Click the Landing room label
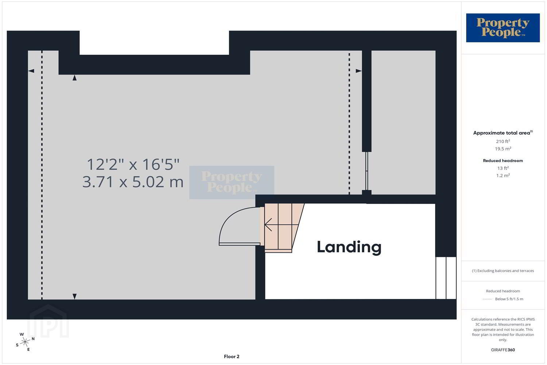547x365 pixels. pos(349,247)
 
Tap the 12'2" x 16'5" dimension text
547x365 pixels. pos(133,164)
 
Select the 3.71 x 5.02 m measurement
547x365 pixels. pos(133,182)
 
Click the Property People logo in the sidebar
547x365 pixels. pos(503,28)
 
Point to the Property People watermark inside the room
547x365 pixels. pos(232,182)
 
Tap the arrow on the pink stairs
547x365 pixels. pos(281,224)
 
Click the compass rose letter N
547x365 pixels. pos(33,339)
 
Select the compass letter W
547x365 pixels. pos(22,334)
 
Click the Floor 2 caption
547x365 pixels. pos(232,357)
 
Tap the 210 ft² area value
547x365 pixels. pos(503,141)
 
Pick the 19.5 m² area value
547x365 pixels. pos(503,149)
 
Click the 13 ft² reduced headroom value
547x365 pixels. pos(503,168)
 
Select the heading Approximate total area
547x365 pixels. pos(503,133)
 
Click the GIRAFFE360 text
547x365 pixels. pos(503,350)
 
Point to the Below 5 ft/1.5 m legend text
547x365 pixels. pos(509,299)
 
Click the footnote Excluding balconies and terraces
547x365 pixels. pos(503,270)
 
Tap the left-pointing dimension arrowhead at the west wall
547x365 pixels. pos(31,71)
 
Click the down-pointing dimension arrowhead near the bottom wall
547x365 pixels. pos(75,296)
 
